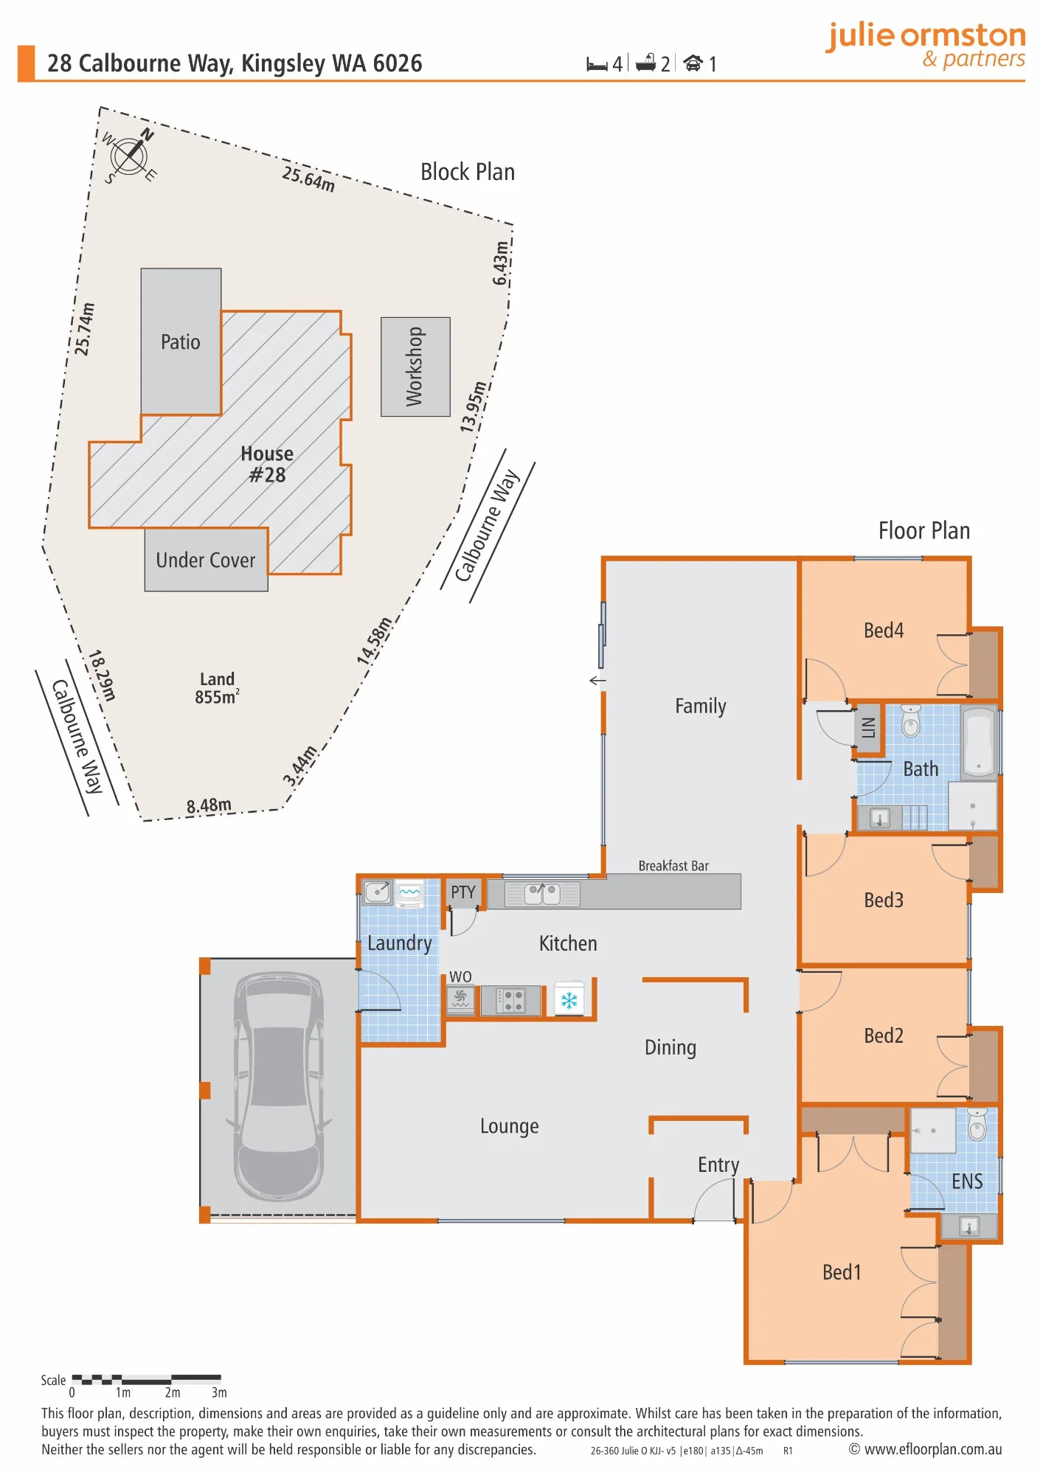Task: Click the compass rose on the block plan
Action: point(129,156)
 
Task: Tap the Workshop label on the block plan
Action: point(415,367)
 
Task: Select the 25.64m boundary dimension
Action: point(308,179)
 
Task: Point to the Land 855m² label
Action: point(217,688)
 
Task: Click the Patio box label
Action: point(181,342)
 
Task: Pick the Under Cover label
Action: point(206,560)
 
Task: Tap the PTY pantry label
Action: point(463,892)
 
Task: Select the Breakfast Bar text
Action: point(673,866)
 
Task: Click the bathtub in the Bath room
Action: point(979,742)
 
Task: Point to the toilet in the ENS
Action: point(977,1125)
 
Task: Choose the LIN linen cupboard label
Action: point(868,728)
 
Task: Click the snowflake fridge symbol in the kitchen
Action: point(569,1000)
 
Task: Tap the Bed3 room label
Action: point(884,900)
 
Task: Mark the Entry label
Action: point(718,1165)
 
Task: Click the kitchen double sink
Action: point(542,895)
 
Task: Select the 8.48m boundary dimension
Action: point(209,805)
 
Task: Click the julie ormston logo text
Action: point(926,35)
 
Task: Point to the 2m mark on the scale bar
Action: point(173,1392)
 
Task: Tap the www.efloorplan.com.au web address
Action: point(933,1449)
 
